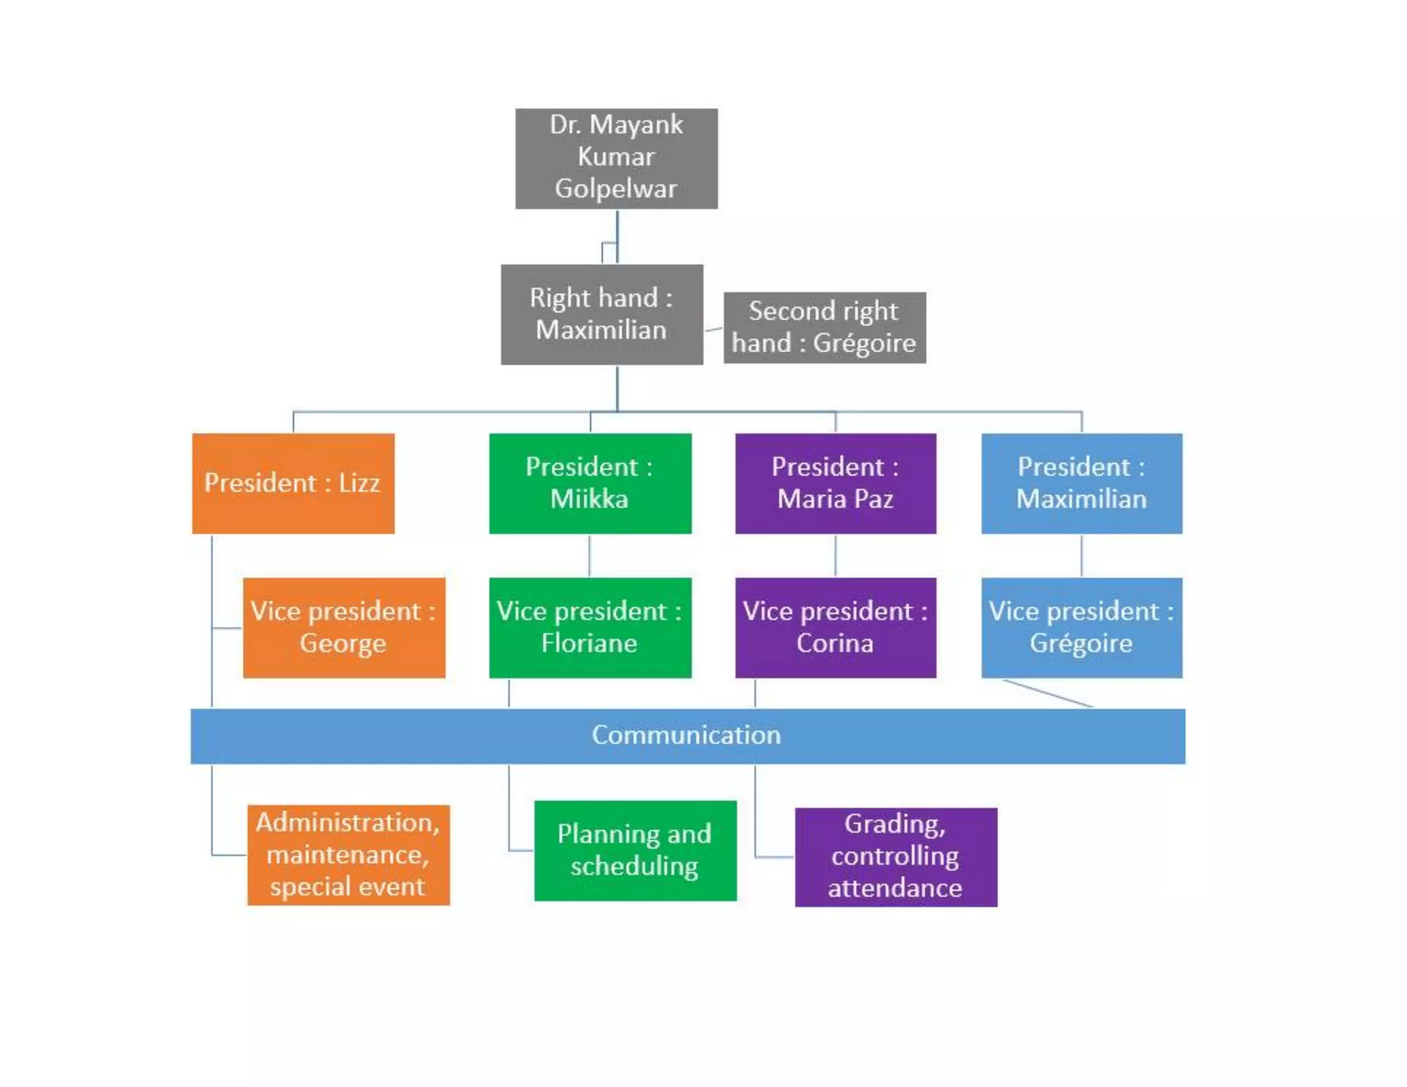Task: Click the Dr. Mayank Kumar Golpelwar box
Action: pos(616,158)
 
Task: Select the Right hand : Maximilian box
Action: pos(601,314)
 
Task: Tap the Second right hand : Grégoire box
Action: pos(824,327)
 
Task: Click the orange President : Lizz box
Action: pos(293,483)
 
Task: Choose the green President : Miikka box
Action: pos(589,483)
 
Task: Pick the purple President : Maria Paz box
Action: pos(835,483)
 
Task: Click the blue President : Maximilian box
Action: pos(1081,483)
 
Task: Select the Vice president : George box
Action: pos(344,627)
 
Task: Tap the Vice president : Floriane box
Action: pos(589,627)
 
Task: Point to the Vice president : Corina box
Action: pos(835,627)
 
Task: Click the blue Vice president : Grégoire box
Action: pos(1081,627)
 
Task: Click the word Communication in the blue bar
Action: pos(686,735)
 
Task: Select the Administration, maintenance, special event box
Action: pos(348,855)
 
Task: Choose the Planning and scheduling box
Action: pos(635,850)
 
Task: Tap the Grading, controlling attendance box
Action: pos(895,857)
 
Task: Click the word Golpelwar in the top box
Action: pos(616,188)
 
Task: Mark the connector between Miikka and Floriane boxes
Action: pos(589,555)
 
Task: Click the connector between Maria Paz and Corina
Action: pos(835,555)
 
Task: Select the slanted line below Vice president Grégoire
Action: pos(1048,693)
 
